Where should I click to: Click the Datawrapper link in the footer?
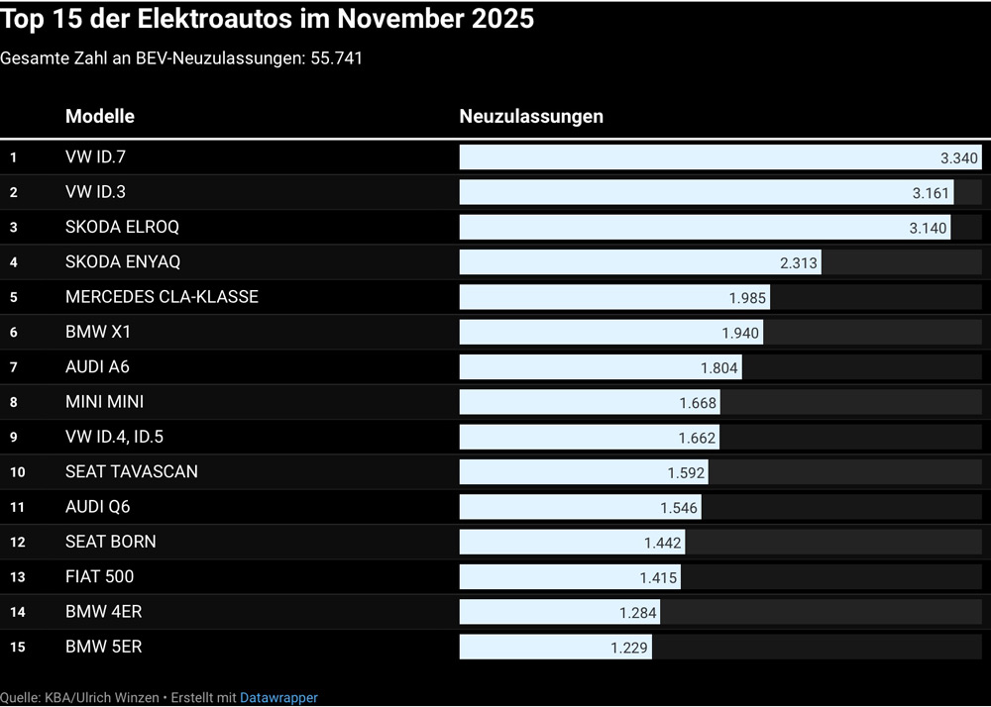click(x=278, y=698)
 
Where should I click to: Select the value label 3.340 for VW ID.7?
click(x=958, y=157)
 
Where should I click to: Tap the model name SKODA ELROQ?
click(x=122, y=227)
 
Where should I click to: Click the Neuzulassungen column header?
click(x=531, y=116)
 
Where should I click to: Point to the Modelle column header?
click(x=100, y=116)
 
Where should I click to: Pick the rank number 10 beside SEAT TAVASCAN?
click(x=18, y=472)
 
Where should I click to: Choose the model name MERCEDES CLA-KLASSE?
click(x=162, y=297)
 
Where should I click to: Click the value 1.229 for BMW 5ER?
click(x=628, y=648)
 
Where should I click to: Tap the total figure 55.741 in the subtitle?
click(x=336, y=58)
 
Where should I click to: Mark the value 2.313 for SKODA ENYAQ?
click(x=799, y=262)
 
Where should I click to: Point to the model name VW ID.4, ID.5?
click(x=114, y=437)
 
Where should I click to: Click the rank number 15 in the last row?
click(x=18, y=648)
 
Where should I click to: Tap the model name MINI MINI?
click(x=104, y=402)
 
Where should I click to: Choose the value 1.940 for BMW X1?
click(x=740, y=333)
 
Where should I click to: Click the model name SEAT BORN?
click(x=110, y=542)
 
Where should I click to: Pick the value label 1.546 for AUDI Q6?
click(x=679, y=508)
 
